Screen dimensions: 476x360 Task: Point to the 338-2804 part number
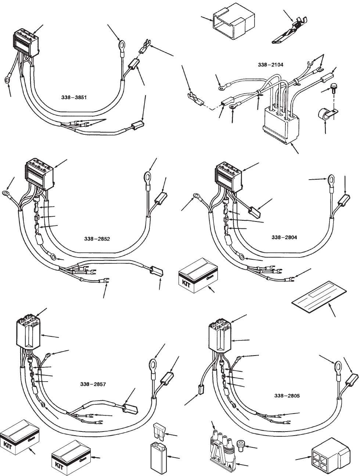click(284, 237)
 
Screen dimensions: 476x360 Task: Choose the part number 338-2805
click(287, 396)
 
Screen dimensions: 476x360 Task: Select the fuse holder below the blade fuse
click(158, 457)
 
